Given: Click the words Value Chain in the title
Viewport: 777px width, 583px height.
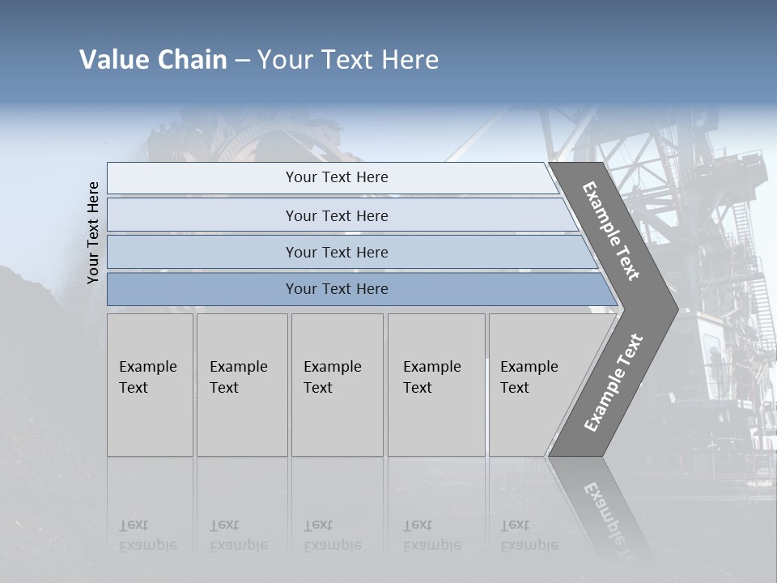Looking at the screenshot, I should (153, 60).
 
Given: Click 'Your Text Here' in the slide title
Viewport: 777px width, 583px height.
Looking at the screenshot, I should (348, 60).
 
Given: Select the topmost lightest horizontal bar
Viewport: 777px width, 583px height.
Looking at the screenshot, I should (337, 177).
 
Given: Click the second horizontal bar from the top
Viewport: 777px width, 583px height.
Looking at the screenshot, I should (337, 215).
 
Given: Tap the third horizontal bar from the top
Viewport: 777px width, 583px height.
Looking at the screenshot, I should (337, 252).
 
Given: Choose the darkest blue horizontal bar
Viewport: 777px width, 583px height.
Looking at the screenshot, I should (337, 289).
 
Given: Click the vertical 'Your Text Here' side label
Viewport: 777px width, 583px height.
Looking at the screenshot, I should (93, 232).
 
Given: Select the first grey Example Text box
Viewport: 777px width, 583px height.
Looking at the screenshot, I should (150, 385).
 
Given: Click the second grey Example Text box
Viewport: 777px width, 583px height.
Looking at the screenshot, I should (241, 385).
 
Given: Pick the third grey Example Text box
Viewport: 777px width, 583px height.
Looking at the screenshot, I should (337, 385).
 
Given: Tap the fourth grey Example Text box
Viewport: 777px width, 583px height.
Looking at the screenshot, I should (435, 385).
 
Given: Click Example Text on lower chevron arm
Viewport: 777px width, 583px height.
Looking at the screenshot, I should (614, 383).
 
